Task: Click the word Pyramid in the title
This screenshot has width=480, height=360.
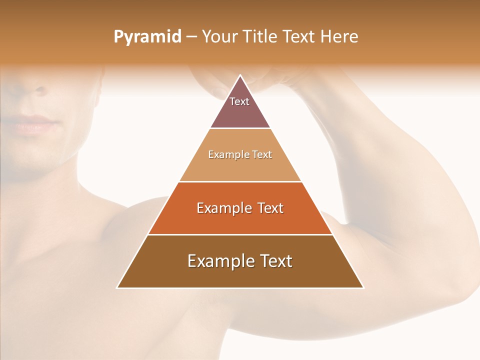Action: click(147, 37)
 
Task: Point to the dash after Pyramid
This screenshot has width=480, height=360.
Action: click(191, 37)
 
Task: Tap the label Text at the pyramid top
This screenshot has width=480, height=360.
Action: click(239, 101)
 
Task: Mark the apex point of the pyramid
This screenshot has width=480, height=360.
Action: click(240, 75)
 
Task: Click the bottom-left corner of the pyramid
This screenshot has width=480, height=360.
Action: click(117, 287)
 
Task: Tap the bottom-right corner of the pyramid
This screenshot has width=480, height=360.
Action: click(363, 287)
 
